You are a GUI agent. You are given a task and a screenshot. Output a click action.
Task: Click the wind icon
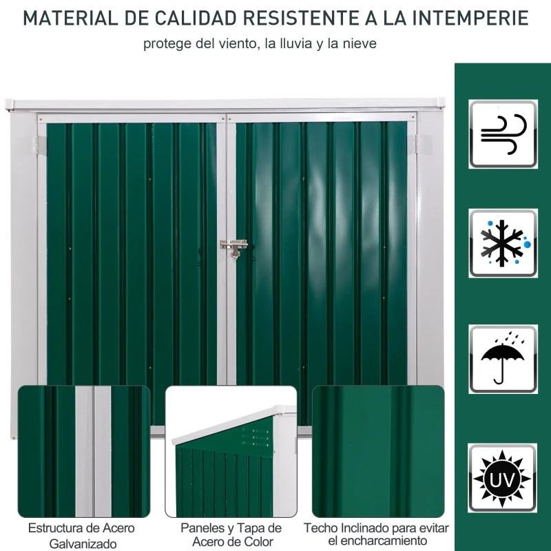click(503, 134)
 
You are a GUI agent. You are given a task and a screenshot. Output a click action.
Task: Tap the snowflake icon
click(503, 243)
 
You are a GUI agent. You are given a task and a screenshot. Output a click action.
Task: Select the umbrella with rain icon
click(503, 359)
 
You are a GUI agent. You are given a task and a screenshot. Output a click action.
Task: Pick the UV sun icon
click(503, 477)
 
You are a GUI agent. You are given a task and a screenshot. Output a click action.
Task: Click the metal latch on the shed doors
click(234, 248)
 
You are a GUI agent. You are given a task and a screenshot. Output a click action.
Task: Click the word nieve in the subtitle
click(361, 44)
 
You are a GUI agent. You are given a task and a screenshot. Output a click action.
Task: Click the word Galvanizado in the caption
click(83, 544)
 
